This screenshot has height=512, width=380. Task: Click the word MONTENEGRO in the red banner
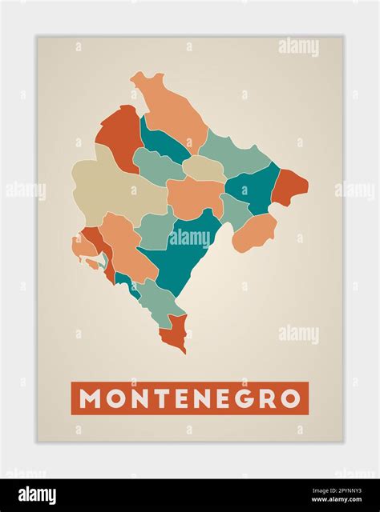pyautogui.click(x=190, y=398)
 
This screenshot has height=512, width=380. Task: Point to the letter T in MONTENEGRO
pyautogui.click(x=156, y=398)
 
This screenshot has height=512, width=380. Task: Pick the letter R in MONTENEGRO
pyautogui.click(x=267, y=398)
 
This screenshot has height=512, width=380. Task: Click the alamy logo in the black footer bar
pyautogui.click(x=37, y=495)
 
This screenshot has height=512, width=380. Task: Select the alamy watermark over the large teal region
pyautogui.click(x=190, y=238)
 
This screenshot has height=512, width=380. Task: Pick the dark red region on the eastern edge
pyautogui.click(x=289, y=187)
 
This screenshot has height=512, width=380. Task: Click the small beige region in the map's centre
pyautogui.click(x=204, y=168)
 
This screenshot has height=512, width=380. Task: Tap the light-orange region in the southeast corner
pyautogui.click(x=255, y=231)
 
